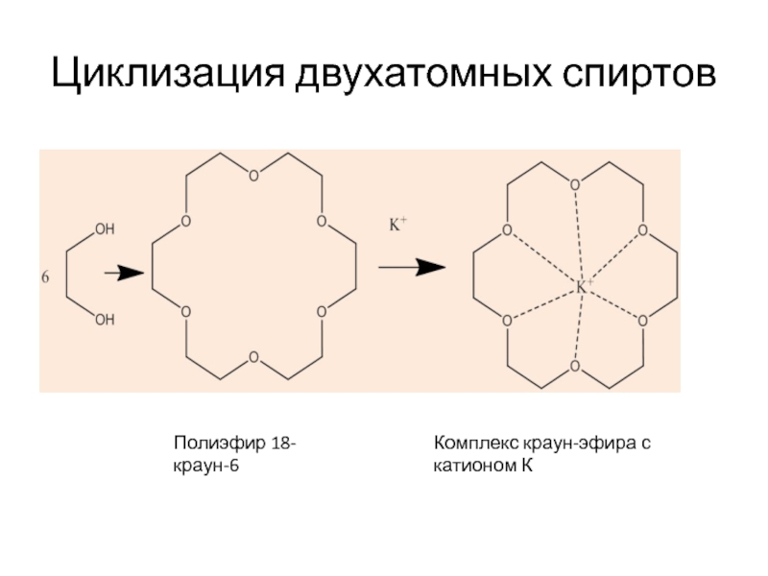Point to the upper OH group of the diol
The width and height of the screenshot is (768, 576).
(x=105, y=229)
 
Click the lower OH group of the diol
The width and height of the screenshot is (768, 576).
(x=105, y=319)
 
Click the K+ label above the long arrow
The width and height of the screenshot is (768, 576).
(x=396, y=225)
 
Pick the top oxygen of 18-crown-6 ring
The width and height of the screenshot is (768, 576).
(x=253, y=177)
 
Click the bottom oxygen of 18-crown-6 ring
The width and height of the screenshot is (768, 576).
(x=253, y=358)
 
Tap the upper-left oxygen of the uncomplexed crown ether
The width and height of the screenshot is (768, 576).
(x=185, y=222)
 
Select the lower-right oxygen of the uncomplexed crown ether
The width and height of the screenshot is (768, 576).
(x=322, y=312)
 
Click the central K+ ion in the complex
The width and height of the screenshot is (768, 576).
(x=583, y=287)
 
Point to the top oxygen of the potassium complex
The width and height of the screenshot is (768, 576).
(x=574, y=184)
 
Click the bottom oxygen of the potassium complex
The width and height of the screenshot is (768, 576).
(x=574, y=367)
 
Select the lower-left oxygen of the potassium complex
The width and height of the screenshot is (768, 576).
(x=506, y=321)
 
